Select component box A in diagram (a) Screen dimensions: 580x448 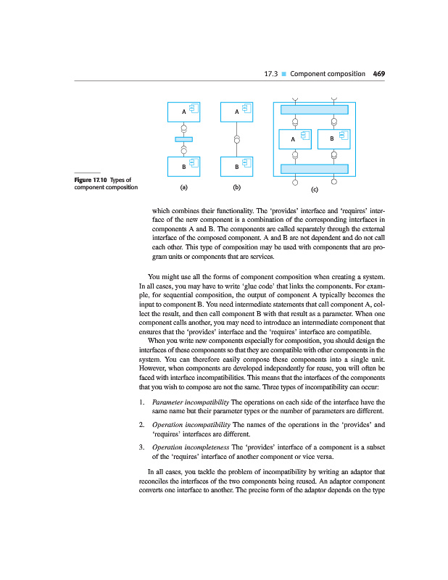pyautogui.click(x=184, y=112)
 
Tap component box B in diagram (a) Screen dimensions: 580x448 pyautogui.click(x=184, y=167)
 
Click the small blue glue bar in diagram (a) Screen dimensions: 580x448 pyautogui.click(x=183, y=139)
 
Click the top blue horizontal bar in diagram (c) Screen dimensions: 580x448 pyautogui.click(x=315, y=109)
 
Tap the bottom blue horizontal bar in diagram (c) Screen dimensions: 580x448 pyautogui.click(x=315, y=169)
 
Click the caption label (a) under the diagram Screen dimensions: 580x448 pyautogui.click(x=184, y=187)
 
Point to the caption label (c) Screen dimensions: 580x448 pyautogui.click(x=315, y=190)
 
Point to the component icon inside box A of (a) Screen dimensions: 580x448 pyautogui.click(x=194, y=109)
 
